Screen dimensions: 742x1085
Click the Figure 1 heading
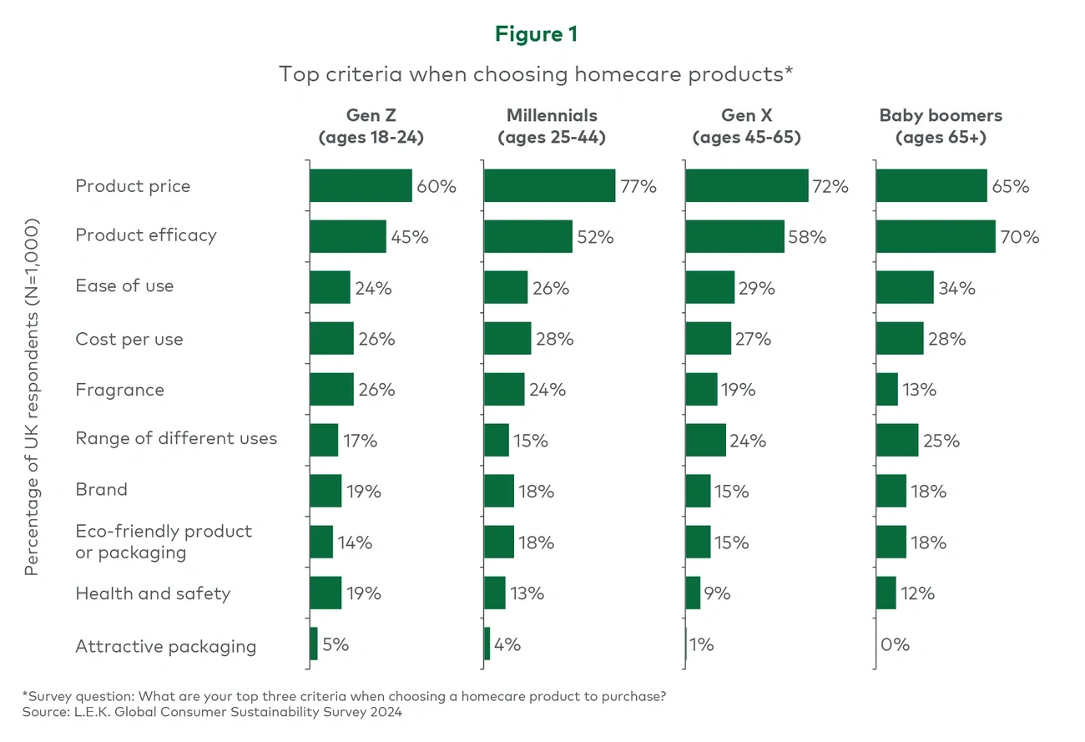[536, 34]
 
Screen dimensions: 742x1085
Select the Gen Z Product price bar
[361, 185]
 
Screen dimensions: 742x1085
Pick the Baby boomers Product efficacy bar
[936, 236]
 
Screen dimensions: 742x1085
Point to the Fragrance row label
[119, 390]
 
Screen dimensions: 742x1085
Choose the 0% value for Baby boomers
[895, 644]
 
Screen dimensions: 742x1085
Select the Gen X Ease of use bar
[709, 288]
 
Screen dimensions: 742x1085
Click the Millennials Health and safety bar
[495, 593]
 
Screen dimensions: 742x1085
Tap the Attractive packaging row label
[165, 646]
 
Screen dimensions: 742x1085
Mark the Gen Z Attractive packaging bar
[314, 644]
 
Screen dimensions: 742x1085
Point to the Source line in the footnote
[212, 712]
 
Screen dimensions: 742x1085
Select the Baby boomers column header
[941, 126]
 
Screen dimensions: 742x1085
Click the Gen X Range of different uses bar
[705, 440]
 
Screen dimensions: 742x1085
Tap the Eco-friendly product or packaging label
[164, 542]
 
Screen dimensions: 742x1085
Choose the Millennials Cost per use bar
[507, 339]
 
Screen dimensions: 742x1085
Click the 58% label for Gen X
[807, 237]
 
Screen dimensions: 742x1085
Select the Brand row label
[101, 489]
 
